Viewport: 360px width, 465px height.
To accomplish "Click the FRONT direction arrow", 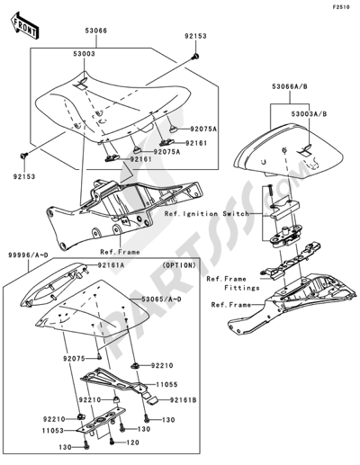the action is coord(24,26).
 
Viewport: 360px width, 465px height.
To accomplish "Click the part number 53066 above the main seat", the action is coord(95,31).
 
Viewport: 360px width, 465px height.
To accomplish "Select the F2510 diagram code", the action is coord(340,7).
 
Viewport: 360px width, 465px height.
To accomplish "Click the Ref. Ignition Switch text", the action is coord(207,214).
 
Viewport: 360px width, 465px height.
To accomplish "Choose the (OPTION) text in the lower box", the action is coord(179,265).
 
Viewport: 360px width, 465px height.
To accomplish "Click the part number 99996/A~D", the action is coord(28,255).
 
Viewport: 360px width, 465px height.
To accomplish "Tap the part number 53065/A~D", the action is coord(161,300).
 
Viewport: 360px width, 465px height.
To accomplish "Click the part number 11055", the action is coord(166,384).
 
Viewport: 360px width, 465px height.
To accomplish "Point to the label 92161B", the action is coord(184,400).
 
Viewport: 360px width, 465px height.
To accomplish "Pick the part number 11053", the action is coord(53,431).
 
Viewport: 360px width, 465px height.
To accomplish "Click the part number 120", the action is coord(133,443).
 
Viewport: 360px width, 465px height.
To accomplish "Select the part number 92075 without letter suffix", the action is coord(74,359).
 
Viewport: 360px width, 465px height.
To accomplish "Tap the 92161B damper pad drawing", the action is coord(153,400).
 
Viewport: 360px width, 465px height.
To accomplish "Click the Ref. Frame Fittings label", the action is coord(233,283).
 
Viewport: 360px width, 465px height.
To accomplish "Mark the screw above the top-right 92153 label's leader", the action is coord(196,56).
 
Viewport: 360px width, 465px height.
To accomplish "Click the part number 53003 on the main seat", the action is coord(85,54).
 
